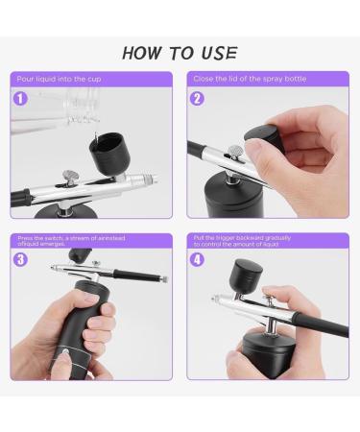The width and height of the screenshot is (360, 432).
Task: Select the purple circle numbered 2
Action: coord(197,97)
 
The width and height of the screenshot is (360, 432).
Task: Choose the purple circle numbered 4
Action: coord(197,258)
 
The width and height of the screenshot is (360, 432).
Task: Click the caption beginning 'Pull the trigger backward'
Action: coord(254,240)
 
